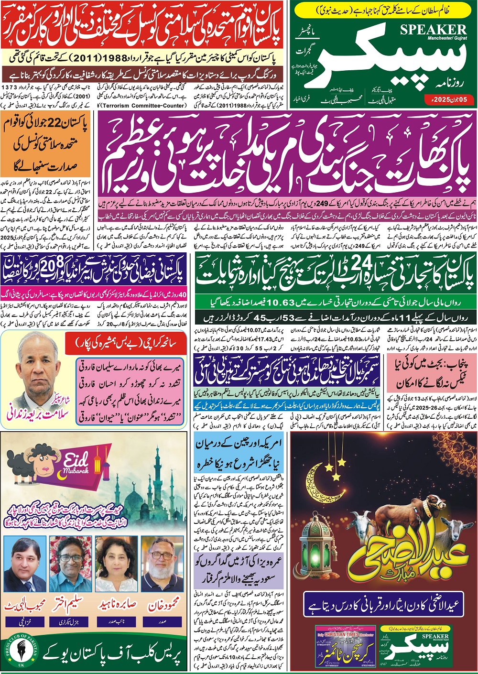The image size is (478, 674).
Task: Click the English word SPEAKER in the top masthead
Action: (x=433, y=30)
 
